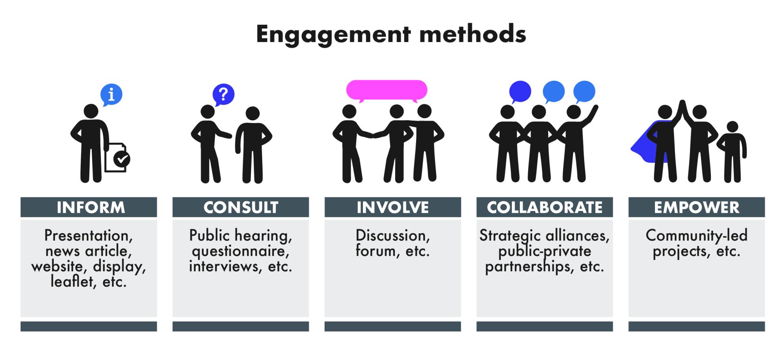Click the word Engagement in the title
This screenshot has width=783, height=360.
(333, 35)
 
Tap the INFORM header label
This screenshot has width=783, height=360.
(91, 208)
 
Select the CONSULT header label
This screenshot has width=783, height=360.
(241, 208)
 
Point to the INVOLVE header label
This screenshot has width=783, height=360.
(393, 208)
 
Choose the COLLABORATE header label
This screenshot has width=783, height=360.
(544, 208)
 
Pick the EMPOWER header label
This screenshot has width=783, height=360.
(697, 208)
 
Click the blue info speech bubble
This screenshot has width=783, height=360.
(111, 95)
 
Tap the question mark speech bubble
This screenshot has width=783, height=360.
(223, 95)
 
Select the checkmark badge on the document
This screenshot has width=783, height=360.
(122, 159)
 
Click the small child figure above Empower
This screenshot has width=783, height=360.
(732, 152)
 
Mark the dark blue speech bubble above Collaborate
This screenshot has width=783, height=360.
(520, 92)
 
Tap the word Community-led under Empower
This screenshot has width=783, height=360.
(697, 236)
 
